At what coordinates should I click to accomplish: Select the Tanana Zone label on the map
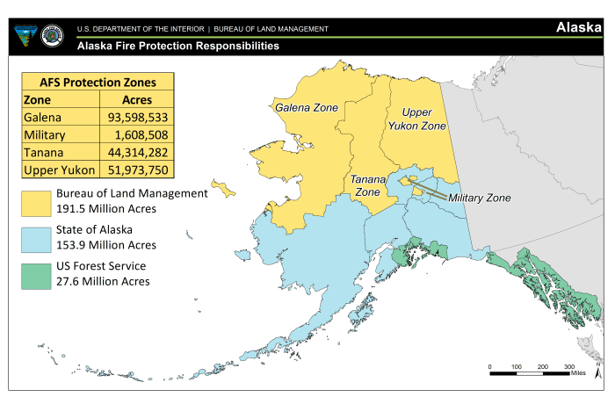click(x=366, y=185)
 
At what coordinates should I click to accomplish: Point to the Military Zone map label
click(x=479, y=198)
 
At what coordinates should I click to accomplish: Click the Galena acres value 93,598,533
click(x=134, y=117)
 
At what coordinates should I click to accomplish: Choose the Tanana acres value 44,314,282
click(x=134, y=152)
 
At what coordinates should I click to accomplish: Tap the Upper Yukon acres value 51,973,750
click(x=134, y=170)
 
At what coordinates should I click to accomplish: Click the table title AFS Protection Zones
click(x=98, y=82)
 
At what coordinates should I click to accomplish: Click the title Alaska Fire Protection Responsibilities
click(x=178, y=45)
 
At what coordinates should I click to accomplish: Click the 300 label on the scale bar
click(x=569, y=365)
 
